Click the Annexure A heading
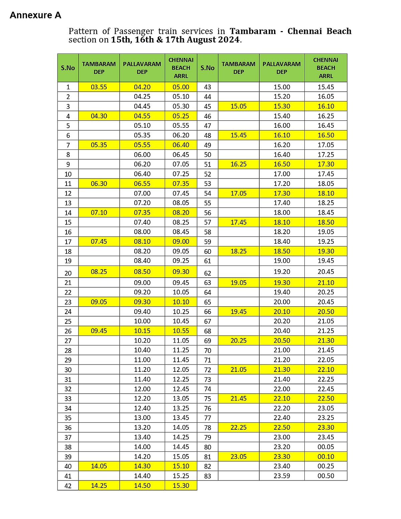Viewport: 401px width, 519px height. click(35, 15)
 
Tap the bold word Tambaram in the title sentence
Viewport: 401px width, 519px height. click(253, 31)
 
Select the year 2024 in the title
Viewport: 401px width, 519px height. click(229, 40)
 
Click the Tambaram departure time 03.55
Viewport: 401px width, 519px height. click(99, 87)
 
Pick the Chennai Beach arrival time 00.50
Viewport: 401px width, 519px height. click(325, 476)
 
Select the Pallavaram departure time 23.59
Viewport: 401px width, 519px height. click(282, 476)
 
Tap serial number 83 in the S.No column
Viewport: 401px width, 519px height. click(208, 476)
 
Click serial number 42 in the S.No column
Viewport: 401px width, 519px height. click(68, 486)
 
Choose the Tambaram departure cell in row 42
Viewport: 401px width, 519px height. click(99, 486)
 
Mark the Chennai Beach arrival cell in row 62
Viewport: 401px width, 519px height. click(325, 272)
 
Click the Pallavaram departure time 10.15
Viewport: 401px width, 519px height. click(142, 331)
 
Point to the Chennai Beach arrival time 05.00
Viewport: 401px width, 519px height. click(181, 87)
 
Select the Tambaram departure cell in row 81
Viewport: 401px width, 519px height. click(238, 456)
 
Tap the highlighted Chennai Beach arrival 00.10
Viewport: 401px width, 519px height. click(325, 456)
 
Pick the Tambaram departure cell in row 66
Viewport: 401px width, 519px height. click(238, 311)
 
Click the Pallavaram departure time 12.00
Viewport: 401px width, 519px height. click(142, 389)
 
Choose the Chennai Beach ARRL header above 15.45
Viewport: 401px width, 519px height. click(325, 68)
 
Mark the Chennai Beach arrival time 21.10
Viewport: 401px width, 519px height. click(325, 283)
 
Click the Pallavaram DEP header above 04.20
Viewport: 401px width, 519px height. click(142, 68)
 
